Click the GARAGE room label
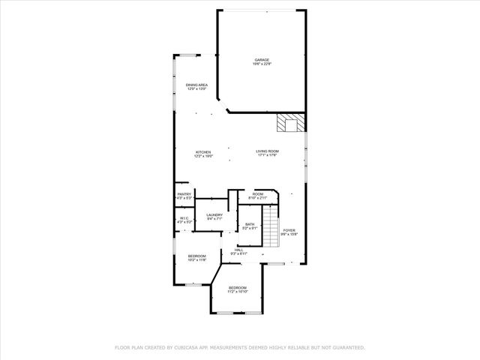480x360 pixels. pyautogui.click(x=261, y=60)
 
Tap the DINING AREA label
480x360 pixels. pyautogui.click(x=196, y=85)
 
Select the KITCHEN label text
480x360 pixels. pyautogui.click(x=204, y=151)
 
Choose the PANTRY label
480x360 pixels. pyautogui.click(x=184, y=193)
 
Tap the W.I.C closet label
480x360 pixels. pyautogui.click(x=184, y=218)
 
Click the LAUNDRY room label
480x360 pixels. pyautogui.click(x=214, y=215)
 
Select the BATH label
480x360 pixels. pyautogui.click(x=250, y=224)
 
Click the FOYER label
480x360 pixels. pyautogui.click(x=289, y=230)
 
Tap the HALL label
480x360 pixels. pyautogui.click(x=238, y=250)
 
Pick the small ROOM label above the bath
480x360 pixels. pyautogui.click(x=258, y=194)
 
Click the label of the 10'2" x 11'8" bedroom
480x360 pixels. pyautogui.click(x=196, y=256)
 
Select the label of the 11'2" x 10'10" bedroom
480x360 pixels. pyautogui.click(x=237, y=288)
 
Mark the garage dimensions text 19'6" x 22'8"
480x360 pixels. pyautogui.click(x=261, y=64)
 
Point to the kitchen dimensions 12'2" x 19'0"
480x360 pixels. pyautogui.click(x=204, y=156)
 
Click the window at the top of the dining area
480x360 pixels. pyautogui.click(x=187, y=55)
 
